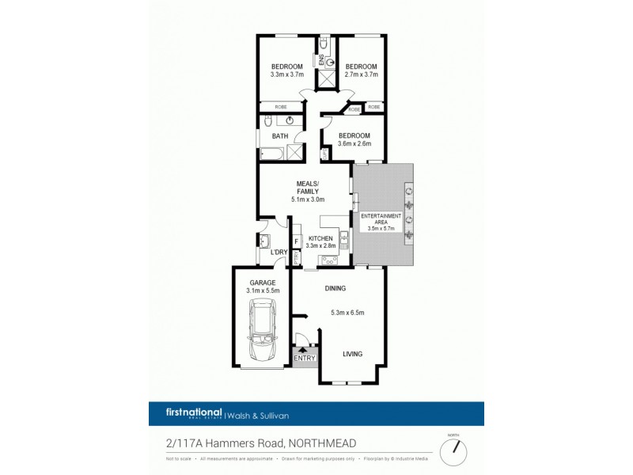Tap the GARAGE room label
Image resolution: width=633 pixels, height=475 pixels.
(x=262, y=282)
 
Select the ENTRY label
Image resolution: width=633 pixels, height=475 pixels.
(x=305, y=359)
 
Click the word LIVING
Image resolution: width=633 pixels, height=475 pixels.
(x=353, y=354)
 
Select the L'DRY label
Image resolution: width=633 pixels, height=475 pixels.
(x=278, y=253)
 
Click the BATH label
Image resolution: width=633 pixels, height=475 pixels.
(x=280, y=136)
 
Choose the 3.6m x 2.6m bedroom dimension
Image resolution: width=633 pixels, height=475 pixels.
(x=353, y=144)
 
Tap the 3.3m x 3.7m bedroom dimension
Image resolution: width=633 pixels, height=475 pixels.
(x=287, y=74)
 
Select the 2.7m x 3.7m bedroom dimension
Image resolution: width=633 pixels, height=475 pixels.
(x=362, y=74)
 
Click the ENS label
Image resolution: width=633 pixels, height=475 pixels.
(x=322, y=59)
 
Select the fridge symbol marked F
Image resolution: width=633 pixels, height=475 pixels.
(x=296, y=241)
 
